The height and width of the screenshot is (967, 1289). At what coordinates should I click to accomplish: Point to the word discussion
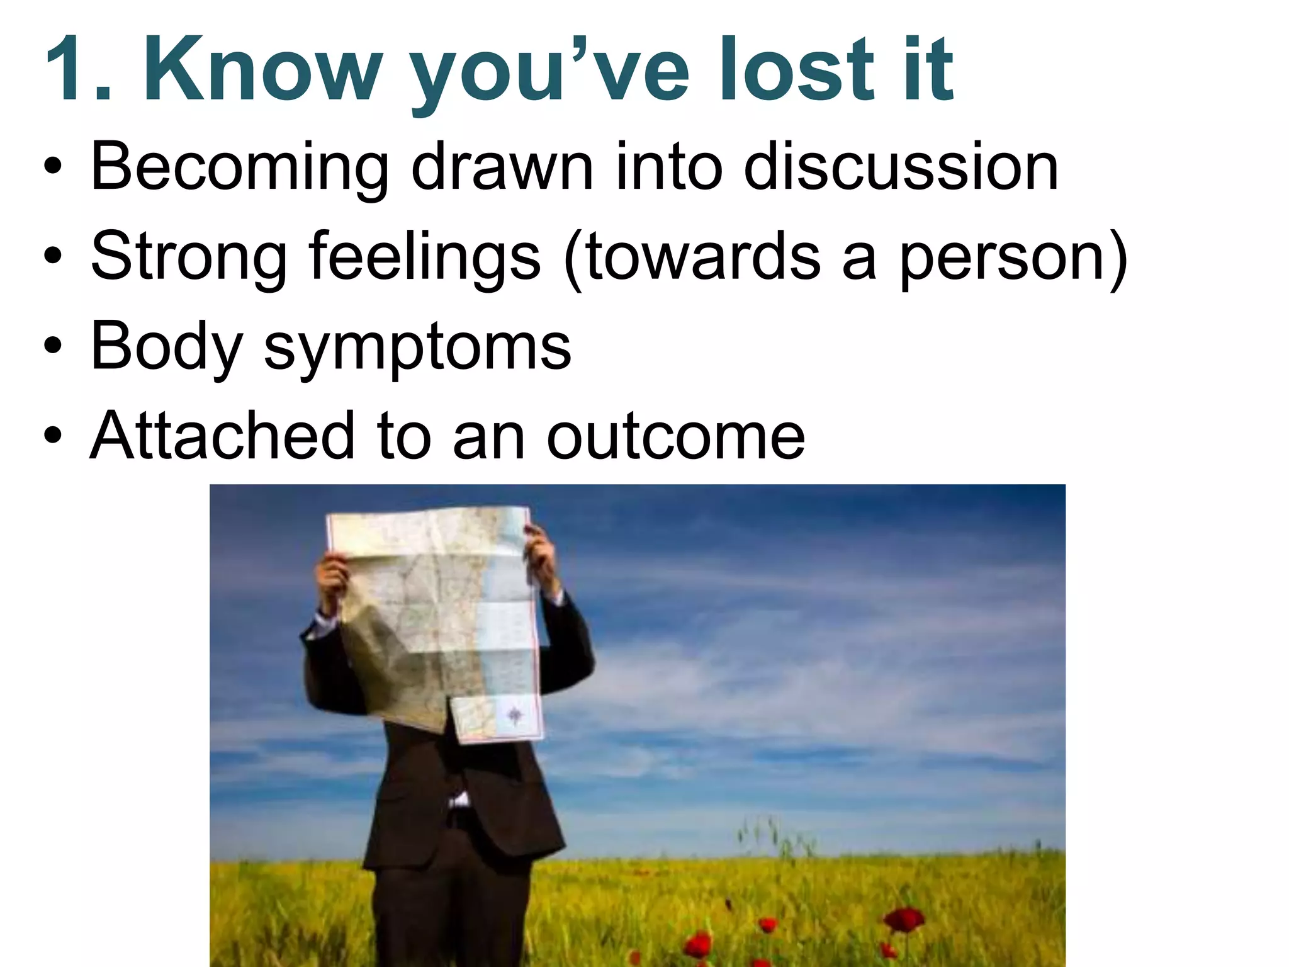pyautogui.click(x=901, y=167)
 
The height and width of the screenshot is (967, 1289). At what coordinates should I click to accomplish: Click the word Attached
pyautogui.click(x=222, y=436)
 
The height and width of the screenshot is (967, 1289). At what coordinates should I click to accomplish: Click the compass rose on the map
pyautogui.click(x=515, y=715)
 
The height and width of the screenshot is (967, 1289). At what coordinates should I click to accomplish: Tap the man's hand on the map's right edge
pyautogui.click(x=540, y=554)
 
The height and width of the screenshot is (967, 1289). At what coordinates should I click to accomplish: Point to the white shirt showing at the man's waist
pyautogui.click(x=458, y=801)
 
